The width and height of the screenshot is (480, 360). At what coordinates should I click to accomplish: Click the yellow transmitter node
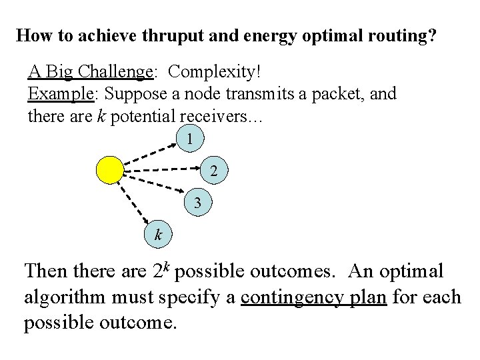click(x=110, y=169)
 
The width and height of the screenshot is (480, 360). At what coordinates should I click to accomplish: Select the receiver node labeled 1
click(x=191, y=140)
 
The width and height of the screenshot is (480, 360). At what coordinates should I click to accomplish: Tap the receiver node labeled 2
click(x=213, y=171)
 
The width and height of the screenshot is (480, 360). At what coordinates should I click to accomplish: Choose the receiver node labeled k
click(x=158, y=234)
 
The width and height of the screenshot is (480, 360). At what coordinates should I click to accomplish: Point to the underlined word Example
click(x=59, y=94)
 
